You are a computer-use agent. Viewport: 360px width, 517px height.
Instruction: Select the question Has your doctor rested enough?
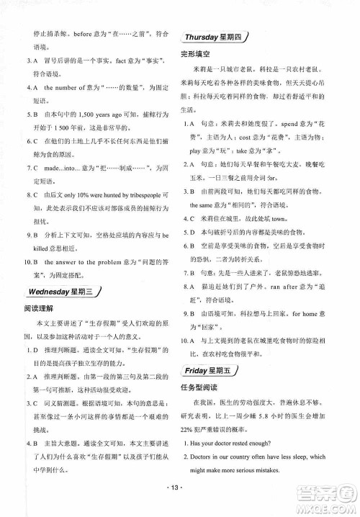[x=238, y=443]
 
